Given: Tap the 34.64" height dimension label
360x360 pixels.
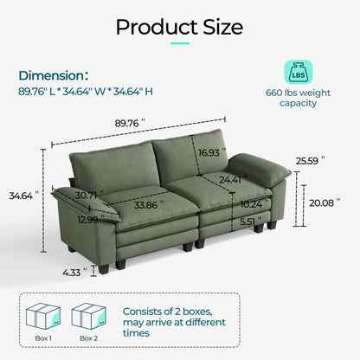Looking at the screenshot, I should [22, 196].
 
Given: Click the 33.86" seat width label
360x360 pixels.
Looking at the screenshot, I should [149, 206].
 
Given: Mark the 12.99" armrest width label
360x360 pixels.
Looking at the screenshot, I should [87, 220].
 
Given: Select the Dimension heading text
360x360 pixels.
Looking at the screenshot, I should [52, 75].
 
